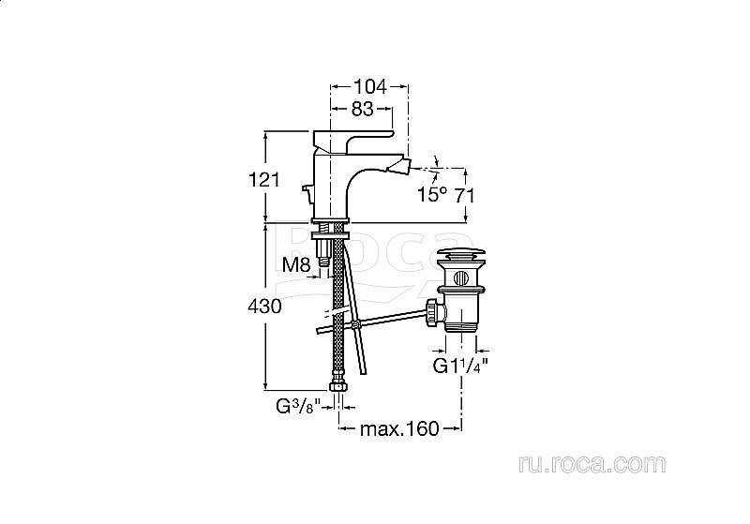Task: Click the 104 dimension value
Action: click(369, 87)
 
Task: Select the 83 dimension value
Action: click(362, 109)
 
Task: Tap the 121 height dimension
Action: click(264, 180)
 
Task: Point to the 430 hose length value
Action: click(264, 307)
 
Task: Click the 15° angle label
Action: click(432, 194)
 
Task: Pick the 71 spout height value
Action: click(464, 195)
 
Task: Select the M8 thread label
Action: click(296, 264)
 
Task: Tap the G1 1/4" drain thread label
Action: click(460, 366)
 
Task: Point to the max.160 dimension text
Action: click(399, 429)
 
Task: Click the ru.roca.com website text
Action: click(592, 464)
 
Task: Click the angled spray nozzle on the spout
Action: click(403, 166)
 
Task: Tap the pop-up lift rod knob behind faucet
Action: click(307, 192)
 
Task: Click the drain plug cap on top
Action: click(462, 253)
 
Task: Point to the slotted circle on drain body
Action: click(461, 277)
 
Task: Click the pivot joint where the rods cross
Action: click(354, 324)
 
